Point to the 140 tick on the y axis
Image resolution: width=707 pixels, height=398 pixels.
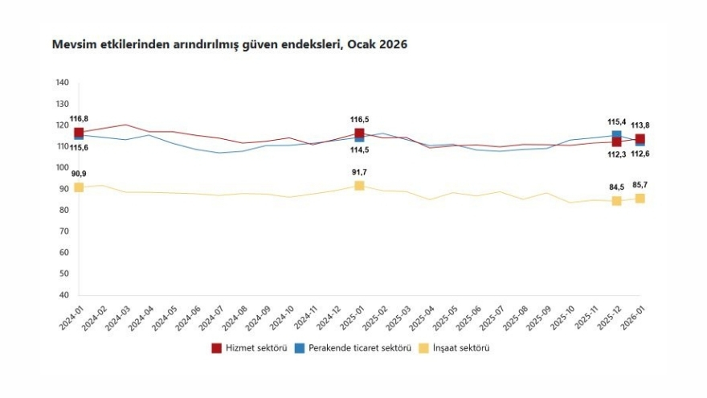click(x=63, y=83)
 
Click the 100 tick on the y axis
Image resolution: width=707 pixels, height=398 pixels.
click(x=63, y=168)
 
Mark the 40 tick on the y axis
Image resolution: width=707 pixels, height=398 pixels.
click(x=63, y=295)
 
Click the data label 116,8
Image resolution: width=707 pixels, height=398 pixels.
click(x=79, y=119)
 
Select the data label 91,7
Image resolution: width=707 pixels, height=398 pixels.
click(x=359, y=172)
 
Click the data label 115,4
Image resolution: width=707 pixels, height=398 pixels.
click(x=616, y=121)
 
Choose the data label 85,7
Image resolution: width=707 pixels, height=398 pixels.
click(x=640, y=185)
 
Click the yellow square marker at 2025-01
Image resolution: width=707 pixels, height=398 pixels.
click(x=359, y=186)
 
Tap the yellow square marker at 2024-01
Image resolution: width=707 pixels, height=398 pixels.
click(x=79, y=187)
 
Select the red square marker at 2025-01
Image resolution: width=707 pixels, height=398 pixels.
click(x=359, y=133)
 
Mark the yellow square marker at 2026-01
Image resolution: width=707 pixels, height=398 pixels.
click(x=640, y=198)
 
